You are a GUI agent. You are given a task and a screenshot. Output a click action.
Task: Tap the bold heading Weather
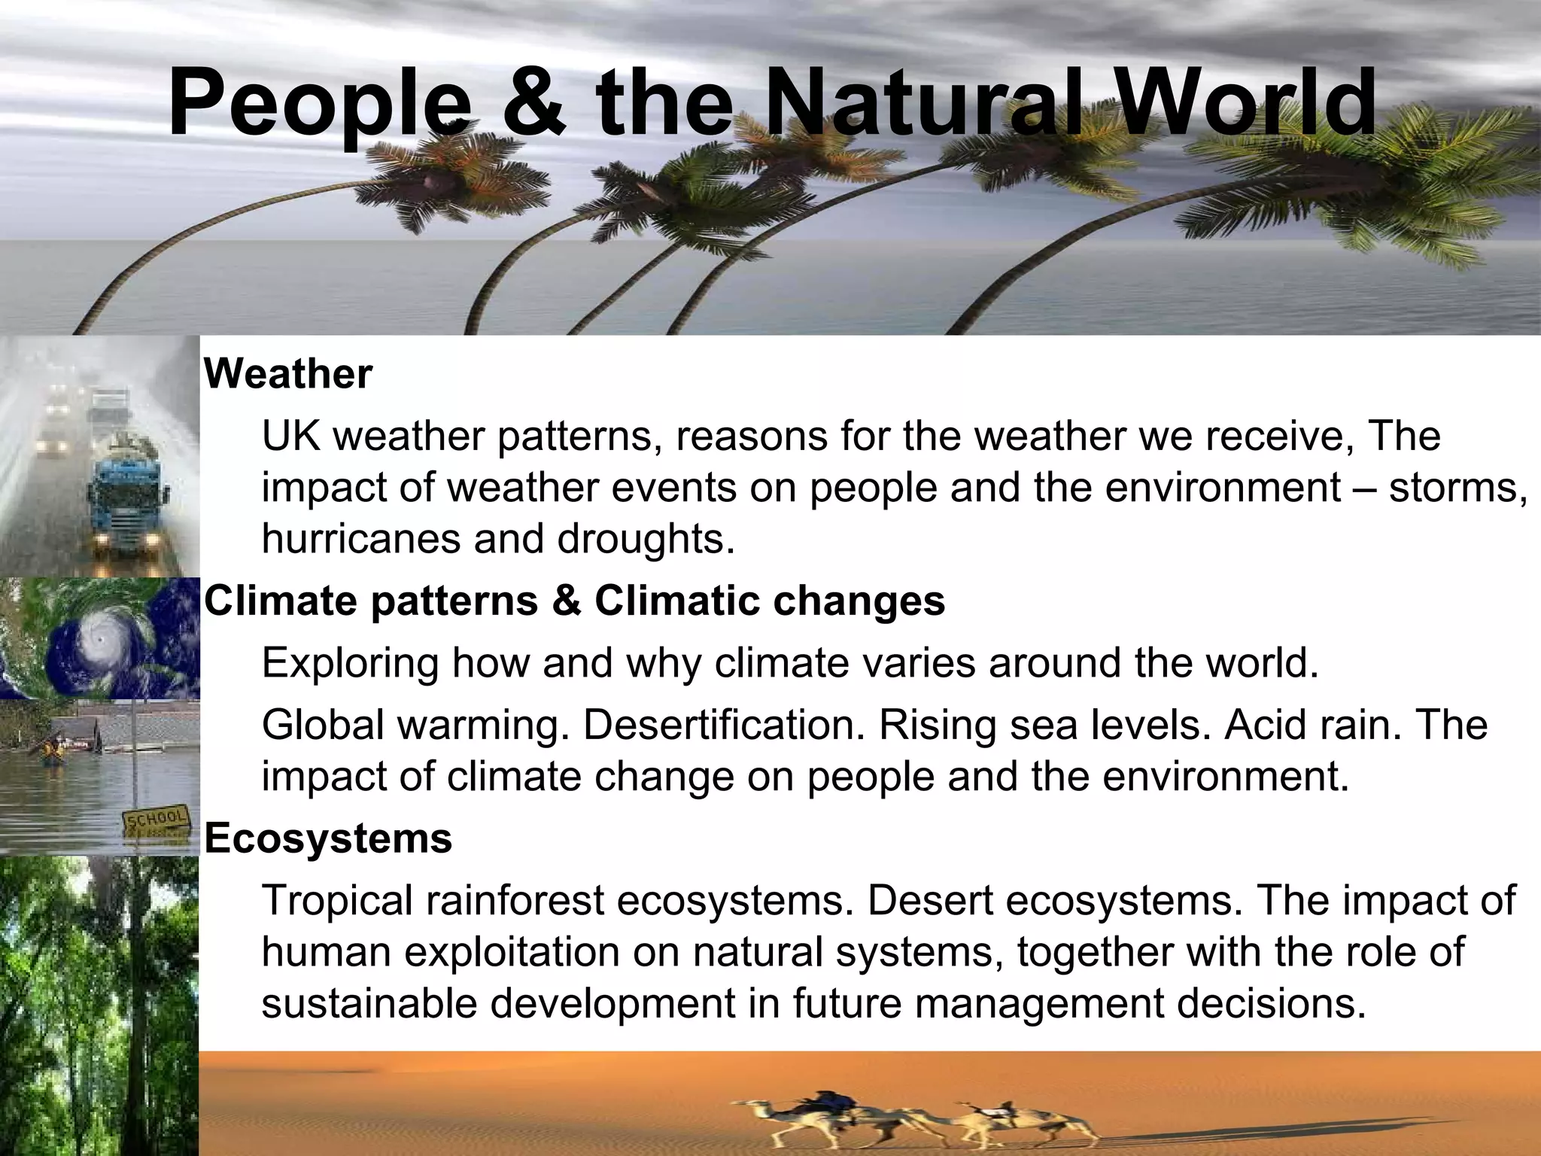pos(288,374)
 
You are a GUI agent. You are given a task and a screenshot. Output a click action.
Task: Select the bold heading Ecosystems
pos(328,838)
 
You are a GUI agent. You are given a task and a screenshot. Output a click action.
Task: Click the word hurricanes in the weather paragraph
pos(360,538)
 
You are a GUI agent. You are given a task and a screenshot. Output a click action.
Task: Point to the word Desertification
pos(722,724)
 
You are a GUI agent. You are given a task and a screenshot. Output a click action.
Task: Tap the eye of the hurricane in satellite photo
pos(100,639)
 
